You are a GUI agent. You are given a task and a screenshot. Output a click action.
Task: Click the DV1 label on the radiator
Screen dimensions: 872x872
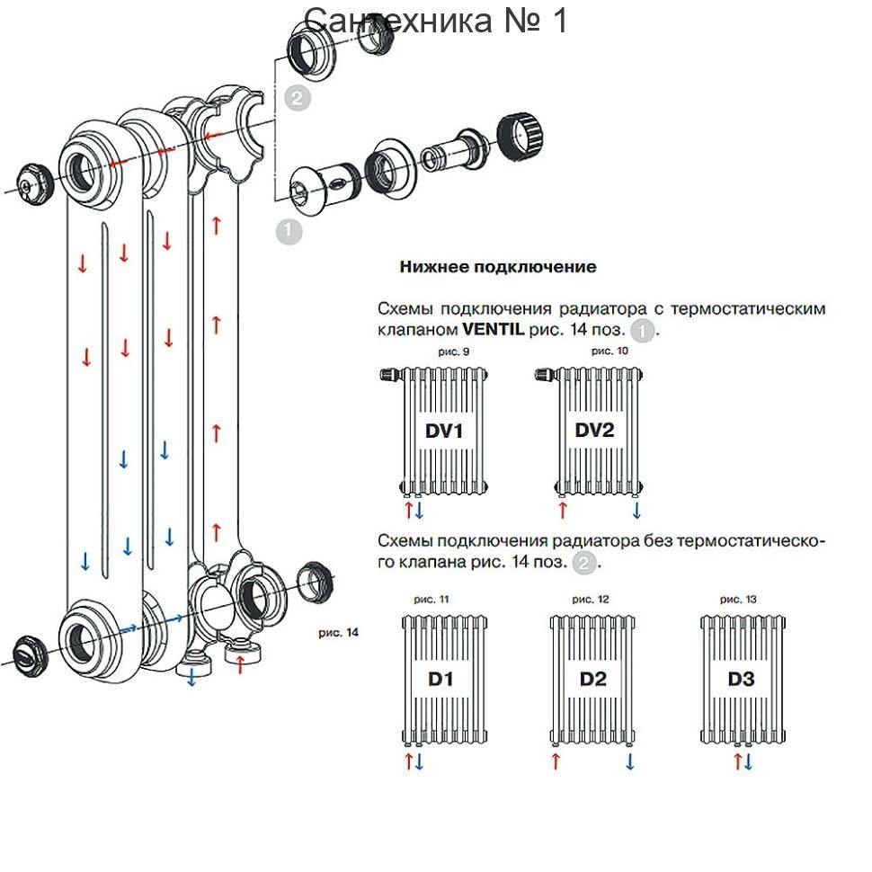pyautogui.click(x=444, y=431)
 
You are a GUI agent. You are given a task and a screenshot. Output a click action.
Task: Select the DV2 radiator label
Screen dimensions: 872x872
pyautogui.click(x=594, y=430)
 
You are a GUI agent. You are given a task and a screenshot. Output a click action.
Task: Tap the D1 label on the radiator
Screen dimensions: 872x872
pyautogui.click(x=440, y=679)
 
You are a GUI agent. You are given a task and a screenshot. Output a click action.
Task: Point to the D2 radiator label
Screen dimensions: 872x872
pyautogui.click(x=592, y=679)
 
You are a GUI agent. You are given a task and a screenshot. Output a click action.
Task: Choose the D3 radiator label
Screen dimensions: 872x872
pyautogui.click(x=742, y=679)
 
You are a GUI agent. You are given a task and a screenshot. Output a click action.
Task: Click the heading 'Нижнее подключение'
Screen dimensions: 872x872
pyautogui.click(x=498, y=267)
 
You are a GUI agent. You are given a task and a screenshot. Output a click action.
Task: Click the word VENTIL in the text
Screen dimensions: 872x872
pyautogui.click(x=494, y=329)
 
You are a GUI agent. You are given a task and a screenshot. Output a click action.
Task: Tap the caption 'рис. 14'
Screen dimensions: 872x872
pyautogui.click(x=338, y=632)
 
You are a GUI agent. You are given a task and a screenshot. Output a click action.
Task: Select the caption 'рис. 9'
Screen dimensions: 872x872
pyautogui.click(x=453, y=351)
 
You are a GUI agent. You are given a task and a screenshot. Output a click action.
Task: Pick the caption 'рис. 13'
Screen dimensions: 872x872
pyautogui.click(x=738, y=600)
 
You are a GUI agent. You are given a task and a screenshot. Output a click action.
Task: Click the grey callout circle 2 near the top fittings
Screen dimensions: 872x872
pyautogui.click(x=297, y=98)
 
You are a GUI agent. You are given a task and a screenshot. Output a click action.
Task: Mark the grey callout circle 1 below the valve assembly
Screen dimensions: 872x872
pyautogui.click(x=288, y=230)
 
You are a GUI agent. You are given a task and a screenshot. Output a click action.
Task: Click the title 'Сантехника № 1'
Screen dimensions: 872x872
pyautogui.click(x=435, y=20)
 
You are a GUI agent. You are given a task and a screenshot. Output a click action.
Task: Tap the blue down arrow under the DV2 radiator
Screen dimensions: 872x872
pyautogui.click(x=636, y=510)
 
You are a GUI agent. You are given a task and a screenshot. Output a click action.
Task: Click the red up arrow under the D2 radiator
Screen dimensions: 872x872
pyautogui.click(x=555, y=761)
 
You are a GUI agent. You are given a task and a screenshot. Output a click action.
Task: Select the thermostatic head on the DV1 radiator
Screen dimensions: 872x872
pyautogui.click(x=390, y=374)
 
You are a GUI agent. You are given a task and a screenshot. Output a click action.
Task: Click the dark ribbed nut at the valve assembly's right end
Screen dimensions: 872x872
pyautogui.click(x=520, y=136)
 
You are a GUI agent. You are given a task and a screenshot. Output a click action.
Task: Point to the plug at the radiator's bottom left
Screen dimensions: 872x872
pyautogui.click(x=25, y=657)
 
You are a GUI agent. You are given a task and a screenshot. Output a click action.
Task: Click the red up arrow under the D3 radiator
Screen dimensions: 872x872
pyautogui.click(x=737, y=761)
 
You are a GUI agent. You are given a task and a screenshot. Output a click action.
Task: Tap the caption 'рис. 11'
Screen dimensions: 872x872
pyautogui.click(x=431, y=600)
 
